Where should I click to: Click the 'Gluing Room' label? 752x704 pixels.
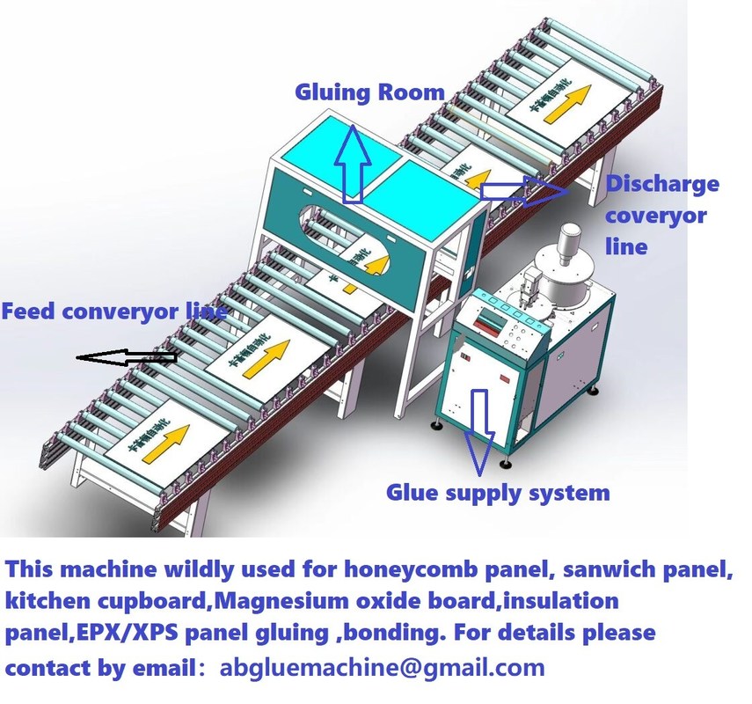click(369, 92)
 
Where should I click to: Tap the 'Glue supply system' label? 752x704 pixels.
click(498, 492)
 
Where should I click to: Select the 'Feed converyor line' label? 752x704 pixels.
click(114, 311)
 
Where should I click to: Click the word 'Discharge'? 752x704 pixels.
click(662, 184)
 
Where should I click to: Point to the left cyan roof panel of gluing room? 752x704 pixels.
click(336, 141)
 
